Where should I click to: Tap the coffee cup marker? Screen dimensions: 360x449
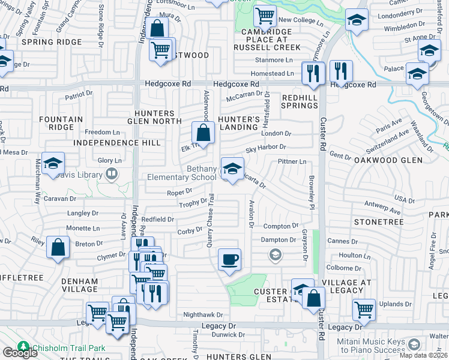[x=229, y=260]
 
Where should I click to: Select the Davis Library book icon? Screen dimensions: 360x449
[x=111, y=175]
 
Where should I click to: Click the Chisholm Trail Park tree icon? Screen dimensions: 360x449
[x=23, y=347]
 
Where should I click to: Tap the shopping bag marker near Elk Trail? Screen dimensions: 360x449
[x=203, y=133]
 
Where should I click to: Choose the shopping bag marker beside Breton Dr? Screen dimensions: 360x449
[x=58, y=249]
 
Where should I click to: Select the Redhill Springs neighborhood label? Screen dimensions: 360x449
[x=300, y=101]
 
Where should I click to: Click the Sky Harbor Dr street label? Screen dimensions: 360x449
[x=265, y=147]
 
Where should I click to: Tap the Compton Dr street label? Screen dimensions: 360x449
[x=280, y=226]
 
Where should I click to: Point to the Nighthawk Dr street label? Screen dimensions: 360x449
[x=203, y=314]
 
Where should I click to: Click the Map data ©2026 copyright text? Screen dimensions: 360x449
[x=423, y=355]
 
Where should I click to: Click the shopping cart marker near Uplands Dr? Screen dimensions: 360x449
[x=364, y=310]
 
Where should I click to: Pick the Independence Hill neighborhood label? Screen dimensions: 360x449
[x=117, y=143]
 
